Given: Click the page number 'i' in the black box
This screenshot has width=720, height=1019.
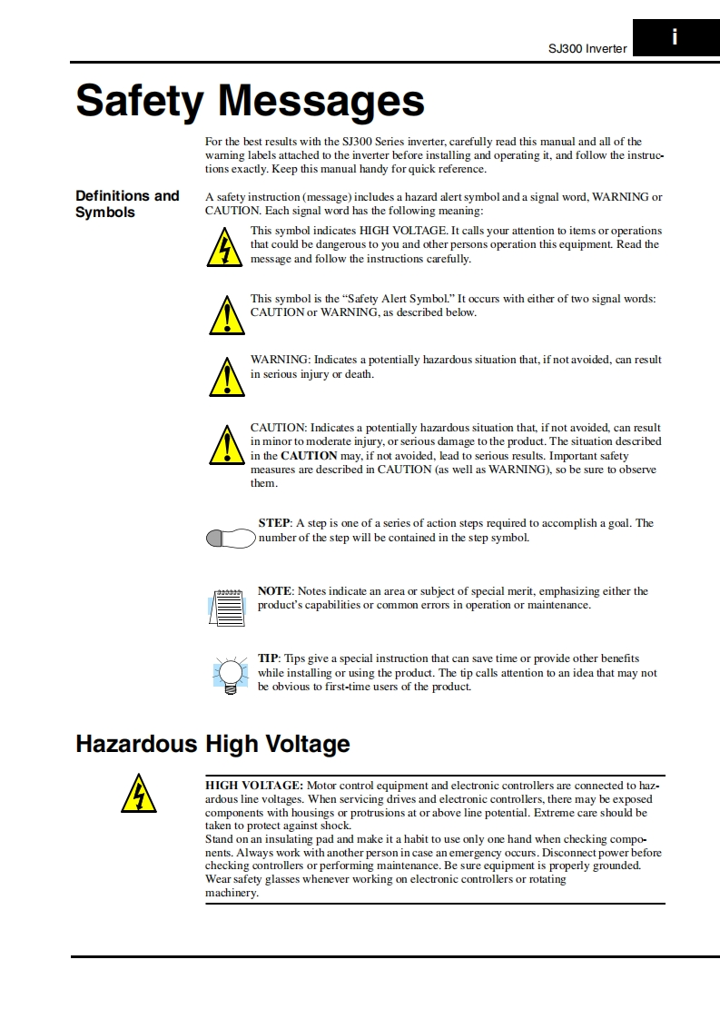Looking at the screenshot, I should pos(675,37).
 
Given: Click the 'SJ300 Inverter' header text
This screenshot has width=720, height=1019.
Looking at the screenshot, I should pos(587,49).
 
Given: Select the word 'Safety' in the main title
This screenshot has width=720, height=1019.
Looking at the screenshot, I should pos(139,101).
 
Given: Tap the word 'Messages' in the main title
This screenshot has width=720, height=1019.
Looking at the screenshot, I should pos(321,101).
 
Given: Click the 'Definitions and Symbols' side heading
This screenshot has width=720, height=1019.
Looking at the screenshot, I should pos(127,204).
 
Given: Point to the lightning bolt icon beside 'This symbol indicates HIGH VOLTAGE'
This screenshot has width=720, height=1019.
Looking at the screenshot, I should pos(223,248).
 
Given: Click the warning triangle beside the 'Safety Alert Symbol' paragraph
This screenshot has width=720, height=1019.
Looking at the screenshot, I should pos(225,316).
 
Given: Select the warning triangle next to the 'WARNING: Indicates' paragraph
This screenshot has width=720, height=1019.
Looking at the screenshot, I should pos(225,377).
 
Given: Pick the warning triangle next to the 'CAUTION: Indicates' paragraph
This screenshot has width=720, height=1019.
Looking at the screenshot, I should pos(225,444).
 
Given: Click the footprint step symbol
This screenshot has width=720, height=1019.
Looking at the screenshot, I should pos(231,539).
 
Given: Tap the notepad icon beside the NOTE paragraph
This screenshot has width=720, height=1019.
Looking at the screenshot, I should pos(227,606).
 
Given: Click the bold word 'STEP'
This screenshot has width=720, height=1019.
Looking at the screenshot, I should pos(273,523).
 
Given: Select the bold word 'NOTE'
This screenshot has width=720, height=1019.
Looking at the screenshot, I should pos(274,591).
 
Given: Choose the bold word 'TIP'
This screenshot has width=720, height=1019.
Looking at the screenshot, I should pos(268,658).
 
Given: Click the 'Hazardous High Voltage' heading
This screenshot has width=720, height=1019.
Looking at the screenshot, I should pos(212,745).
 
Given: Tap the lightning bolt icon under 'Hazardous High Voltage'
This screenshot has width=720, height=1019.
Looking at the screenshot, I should pos(138,793).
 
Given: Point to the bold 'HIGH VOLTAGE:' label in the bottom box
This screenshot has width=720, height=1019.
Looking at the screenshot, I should pos(254,785).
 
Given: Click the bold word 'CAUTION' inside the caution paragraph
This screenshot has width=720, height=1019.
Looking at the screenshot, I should pos(309,455).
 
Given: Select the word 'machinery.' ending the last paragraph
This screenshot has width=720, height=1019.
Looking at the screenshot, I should pos(232,893).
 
